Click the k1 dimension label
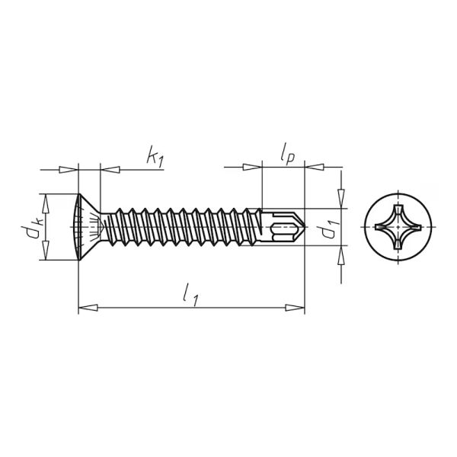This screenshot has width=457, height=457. pos(155,158)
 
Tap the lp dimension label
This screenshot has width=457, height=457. pos(287,155)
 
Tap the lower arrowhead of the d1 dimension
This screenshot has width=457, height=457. pos(341,257)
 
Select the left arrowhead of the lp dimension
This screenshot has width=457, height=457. pos(252,167)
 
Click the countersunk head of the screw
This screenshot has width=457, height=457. pos(88,227)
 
